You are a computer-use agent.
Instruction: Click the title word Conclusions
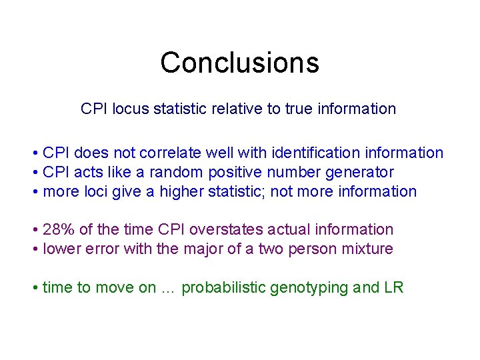coord(239,63)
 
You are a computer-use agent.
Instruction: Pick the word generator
coord(359,173)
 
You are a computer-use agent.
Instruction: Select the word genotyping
coord(311,288)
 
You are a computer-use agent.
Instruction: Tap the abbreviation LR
coord(393,288)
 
